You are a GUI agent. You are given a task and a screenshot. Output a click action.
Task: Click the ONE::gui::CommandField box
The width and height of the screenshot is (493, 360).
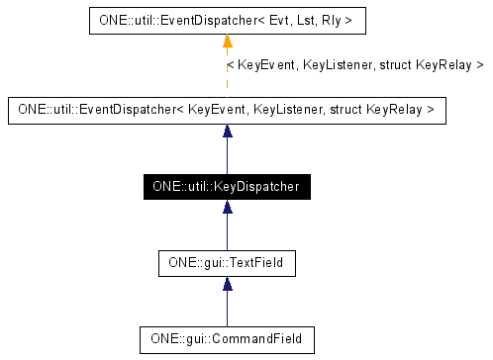227,339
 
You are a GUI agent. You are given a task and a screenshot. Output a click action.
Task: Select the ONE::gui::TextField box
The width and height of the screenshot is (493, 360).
227,263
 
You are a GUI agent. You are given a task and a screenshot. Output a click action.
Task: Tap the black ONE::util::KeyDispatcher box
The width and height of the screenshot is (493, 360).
227,186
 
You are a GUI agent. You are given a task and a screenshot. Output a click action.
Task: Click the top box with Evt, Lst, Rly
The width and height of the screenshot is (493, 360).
227,19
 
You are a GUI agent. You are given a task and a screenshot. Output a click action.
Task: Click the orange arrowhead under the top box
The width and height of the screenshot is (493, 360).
228,41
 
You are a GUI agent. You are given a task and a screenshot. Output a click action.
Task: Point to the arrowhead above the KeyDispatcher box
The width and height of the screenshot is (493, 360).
228,132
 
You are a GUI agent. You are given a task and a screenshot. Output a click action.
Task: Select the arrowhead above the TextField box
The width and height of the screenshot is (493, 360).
228,209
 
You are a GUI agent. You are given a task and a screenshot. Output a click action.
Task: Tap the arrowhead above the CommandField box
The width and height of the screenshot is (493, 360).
228,285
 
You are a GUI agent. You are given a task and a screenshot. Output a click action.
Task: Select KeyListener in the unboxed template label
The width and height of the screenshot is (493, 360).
337,65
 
